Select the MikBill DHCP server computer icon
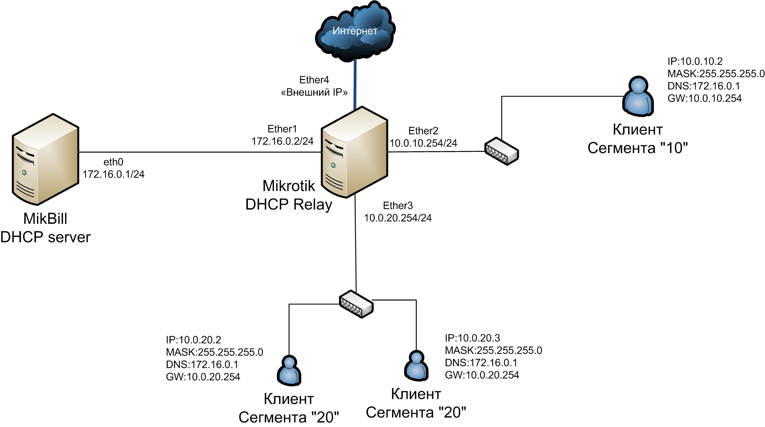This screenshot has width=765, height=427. [x=45, y=159]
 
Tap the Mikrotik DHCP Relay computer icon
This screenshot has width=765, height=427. [x=354, y=153]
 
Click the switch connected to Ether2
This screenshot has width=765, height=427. [x=501, y=151]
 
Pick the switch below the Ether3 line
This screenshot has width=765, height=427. [x=356, y=304]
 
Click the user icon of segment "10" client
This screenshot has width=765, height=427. [x=638, y=96]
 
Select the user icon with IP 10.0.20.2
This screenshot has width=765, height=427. [x=289, y=370]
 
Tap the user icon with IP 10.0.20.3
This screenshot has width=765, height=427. [x=416, y=366]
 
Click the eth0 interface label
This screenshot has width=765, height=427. [x=113, y=162]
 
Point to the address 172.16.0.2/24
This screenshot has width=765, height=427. [x=282, y=141]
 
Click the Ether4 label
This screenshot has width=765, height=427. [x=314, y=80]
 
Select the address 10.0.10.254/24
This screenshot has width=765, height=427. [x=423, y=143]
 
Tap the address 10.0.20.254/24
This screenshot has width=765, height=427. [x=398, y=218]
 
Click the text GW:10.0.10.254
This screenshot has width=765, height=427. [x=705, y=99]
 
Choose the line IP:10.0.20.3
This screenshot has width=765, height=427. [x=472, y=338]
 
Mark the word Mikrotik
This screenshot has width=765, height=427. [x=289, y=186]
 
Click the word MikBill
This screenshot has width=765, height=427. [x=45, y=219]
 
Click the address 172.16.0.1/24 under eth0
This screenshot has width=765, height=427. [x=113, y=175]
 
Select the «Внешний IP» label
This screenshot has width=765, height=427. [x=314, y=92]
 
